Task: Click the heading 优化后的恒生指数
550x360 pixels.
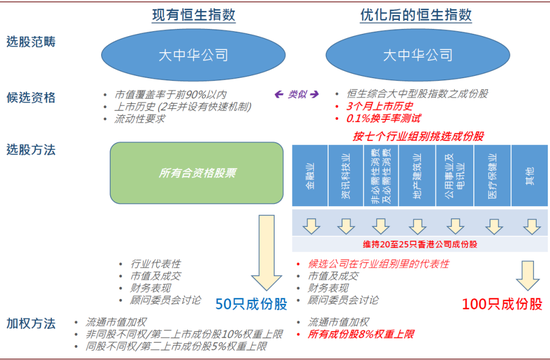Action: [x=416, y=16]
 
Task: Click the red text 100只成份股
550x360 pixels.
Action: [x=496, y=301]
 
